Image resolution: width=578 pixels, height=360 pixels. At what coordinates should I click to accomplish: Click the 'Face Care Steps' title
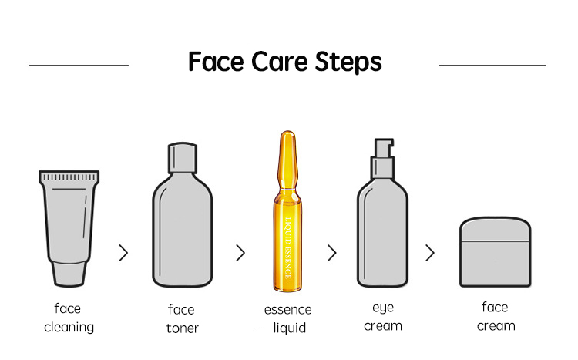[285, 62]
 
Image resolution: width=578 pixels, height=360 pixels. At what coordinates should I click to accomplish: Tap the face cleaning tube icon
[69, 220]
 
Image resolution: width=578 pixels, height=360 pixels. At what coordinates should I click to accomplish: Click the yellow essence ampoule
[288, 216]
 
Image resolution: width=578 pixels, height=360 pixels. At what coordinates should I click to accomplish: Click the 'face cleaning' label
[69, 318]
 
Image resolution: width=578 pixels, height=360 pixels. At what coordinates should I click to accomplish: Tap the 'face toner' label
[182, 318]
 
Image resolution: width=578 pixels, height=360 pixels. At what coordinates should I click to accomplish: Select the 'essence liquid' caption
[288, 318]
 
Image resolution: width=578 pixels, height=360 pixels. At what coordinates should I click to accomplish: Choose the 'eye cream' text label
[383, 317]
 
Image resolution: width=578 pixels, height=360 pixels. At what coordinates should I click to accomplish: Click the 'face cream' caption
[496, 317]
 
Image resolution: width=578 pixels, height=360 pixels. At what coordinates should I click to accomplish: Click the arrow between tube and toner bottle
[123, 253]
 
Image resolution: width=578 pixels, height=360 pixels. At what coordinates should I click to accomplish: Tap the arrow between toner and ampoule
[240, 253]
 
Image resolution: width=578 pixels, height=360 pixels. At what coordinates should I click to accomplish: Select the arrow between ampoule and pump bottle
[332, 253]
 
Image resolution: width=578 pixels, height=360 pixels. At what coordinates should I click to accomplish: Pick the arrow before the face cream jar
[430, 253]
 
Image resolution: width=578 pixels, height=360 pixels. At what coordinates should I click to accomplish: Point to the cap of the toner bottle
[183, 160]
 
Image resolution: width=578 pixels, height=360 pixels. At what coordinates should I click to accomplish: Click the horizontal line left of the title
[79, 66]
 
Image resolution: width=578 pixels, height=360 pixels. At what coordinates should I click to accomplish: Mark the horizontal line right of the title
[492, 66]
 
